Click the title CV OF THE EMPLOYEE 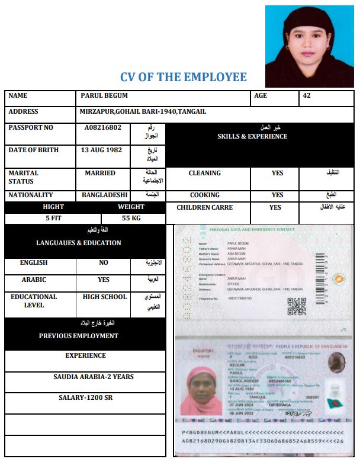click(x=184, y=77)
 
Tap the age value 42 click(x=306, y=95)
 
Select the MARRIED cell click(x=100, y=173)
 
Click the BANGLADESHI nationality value click(x=105, y=195)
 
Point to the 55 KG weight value click(x=131, y=218)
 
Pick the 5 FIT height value click(x=53, y=218)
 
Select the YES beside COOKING click(x=277, y=195)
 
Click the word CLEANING click(x=204, y=173)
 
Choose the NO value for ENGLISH click(x=104, y=262)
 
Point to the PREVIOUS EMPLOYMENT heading click(x=79, y=336)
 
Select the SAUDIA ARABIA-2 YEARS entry click(x=94, y=377)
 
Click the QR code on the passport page click(x=296, y=306)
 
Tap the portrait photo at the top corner click(x=309, y=46)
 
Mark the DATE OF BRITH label click(x=34, y=150)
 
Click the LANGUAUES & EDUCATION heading click(x=79, y=243)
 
